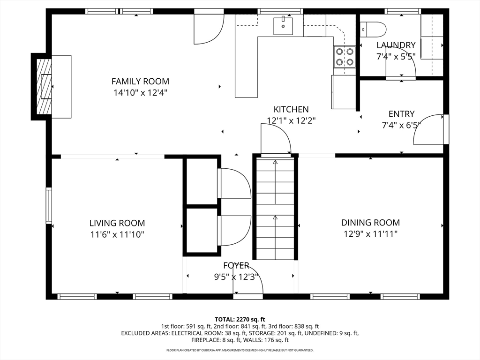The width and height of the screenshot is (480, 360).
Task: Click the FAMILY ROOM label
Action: (x=140, y=82)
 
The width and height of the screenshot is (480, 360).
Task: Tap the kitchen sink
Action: (x=283, y=26)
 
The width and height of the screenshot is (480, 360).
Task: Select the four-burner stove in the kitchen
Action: (x=345, y=57)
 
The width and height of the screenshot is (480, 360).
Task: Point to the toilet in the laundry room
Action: (x=373, y=30)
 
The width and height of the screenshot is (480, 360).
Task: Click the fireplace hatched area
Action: (x=44, y=86)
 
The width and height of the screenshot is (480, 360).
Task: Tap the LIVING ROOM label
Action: (x=117, y=223)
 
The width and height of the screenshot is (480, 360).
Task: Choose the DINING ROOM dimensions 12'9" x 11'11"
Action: (x=370, y=234)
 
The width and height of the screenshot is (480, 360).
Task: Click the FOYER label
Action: (x=236, y=265)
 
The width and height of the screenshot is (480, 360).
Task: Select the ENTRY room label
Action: (x=401, y=114)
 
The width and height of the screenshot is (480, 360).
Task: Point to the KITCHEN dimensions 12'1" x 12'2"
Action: (x=291, y=120)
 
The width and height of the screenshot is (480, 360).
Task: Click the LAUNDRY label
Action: (x=396, y=45)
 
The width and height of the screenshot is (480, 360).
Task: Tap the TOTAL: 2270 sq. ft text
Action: (x=240, y=320)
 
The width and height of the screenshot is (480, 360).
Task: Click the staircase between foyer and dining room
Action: (x=275, y=208)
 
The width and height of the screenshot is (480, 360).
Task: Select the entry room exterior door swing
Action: (x=428, y=129)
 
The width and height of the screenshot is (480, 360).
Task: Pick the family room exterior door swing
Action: (x=209, y=29)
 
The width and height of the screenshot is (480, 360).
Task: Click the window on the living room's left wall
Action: (x=49, y=205)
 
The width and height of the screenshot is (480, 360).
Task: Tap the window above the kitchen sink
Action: (x=280, y=11)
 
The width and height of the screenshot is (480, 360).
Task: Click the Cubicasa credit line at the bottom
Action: (x=240, y=350)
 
